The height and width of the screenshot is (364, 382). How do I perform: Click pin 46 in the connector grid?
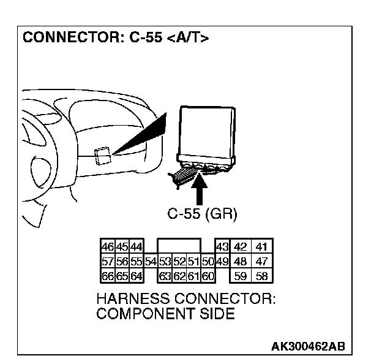108,248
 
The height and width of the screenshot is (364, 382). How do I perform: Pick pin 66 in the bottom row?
108,276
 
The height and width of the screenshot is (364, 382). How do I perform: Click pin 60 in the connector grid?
208,276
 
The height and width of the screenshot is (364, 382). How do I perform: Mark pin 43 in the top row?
222,248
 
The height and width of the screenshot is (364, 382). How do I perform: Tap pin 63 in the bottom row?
165,276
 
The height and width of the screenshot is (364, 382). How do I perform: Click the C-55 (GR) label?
202,214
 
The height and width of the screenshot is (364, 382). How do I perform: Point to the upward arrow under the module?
199,190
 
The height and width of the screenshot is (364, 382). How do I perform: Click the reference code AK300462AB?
308,346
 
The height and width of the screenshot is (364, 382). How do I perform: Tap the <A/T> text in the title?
187,39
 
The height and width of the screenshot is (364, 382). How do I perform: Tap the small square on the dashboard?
103,156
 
